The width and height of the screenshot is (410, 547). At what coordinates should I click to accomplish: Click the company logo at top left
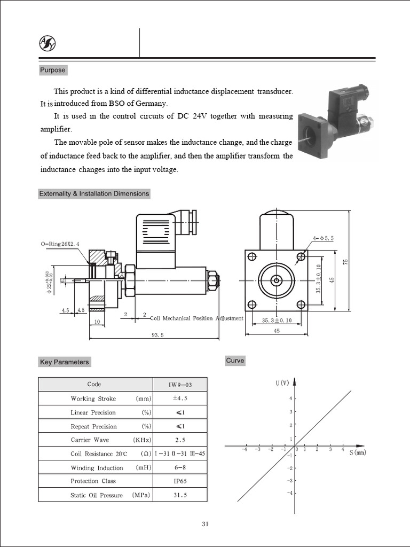pos(47,43)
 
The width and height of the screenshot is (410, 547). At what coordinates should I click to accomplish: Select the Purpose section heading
pos(52,70)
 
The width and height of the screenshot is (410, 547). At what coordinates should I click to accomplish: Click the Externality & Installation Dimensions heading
pos(94,193)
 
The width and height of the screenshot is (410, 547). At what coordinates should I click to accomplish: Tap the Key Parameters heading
pos(64,362)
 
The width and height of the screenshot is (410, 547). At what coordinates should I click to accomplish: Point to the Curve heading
pos(235,361)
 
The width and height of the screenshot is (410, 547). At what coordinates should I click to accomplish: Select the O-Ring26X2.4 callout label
pos(60,244)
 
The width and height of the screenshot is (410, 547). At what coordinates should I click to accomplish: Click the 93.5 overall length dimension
pos(157,334)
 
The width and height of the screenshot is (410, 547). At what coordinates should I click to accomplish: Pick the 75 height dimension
pos(346,261)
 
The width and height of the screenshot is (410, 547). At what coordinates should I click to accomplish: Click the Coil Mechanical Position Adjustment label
pos(196,318)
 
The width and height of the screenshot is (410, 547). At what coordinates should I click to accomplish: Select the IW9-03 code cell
pos(179,384)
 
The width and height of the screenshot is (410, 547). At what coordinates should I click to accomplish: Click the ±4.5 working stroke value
pos(179,398)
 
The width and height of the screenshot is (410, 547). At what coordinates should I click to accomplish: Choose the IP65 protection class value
pos(179,481)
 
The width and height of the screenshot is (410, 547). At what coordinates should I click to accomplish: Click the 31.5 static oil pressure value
pos(179,495)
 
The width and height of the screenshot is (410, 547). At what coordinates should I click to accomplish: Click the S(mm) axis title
pos(358,452)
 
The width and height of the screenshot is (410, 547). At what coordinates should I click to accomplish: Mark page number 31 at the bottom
pos(205,524)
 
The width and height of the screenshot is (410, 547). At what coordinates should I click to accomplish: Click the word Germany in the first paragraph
pos(152,104)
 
